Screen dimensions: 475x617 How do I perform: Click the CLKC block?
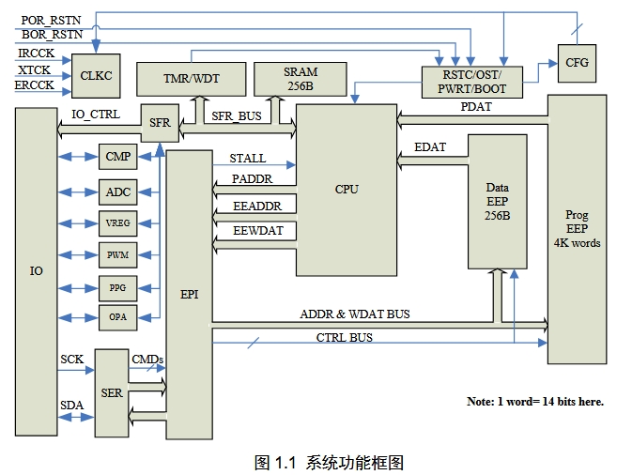tap(97, 75)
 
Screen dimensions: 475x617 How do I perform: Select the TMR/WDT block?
tap(191, 79)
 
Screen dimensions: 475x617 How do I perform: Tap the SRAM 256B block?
tap(301, 78)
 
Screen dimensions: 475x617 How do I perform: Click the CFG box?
tap(576, 62)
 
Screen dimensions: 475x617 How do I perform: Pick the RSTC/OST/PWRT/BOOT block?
tap(473, 82)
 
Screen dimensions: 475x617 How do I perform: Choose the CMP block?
tap(117, 157)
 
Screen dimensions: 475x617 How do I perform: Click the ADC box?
tap(117, 192)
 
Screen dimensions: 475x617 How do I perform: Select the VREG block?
tap(117, 223)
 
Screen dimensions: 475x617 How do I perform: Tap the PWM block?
tap(117, 254)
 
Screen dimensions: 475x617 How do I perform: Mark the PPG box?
tap(117, 286)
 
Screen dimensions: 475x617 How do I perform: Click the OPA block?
tap(117, 317)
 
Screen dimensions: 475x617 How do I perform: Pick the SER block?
tap(112, 392)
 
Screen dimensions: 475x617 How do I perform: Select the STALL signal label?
tap(248, 159)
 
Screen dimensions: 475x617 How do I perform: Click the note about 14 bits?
tap(534, 402)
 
